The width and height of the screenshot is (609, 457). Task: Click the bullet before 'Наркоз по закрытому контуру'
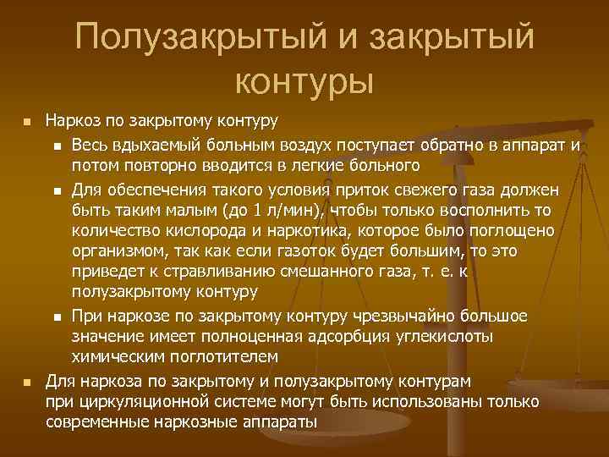click(x=26, y=124)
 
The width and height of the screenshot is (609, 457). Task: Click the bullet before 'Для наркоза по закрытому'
click(x=26, y=382)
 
